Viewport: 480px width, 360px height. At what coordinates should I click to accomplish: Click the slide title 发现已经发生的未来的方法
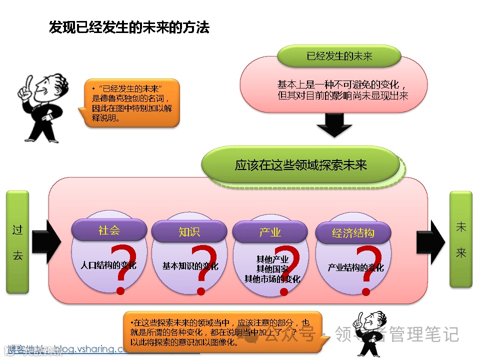pos(129,27)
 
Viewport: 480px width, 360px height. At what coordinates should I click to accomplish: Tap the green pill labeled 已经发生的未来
pos(339,56)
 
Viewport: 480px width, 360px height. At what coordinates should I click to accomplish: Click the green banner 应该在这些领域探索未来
pos(301,165)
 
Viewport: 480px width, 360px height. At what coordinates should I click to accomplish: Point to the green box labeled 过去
pos(17,242)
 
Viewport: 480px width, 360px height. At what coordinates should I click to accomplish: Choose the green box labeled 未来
pos(460,239)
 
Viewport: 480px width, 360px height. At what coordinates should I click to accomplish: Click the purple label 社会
pos(109,230)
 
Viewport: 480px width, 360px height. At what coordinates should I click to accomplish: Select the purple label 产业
pos(270,232)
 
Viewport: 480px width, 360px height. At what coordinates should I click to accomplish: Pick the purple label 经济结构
pos(353,233)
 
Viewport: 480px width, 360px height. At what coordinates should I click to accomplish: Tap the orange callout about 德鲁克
pos(131,102)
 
